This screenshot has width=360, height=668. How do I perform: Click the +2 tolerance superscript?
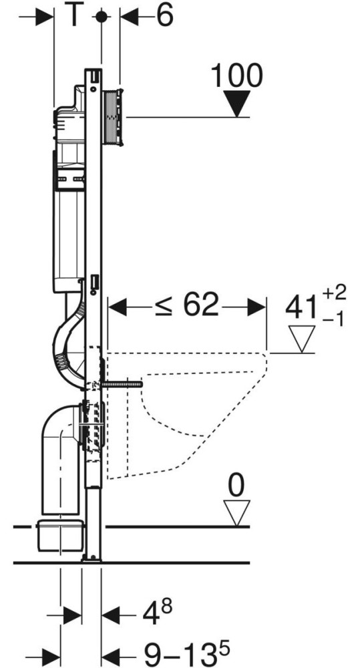point(335,293)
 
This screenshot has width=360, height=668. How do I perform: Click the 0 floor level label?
point(237,485)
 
